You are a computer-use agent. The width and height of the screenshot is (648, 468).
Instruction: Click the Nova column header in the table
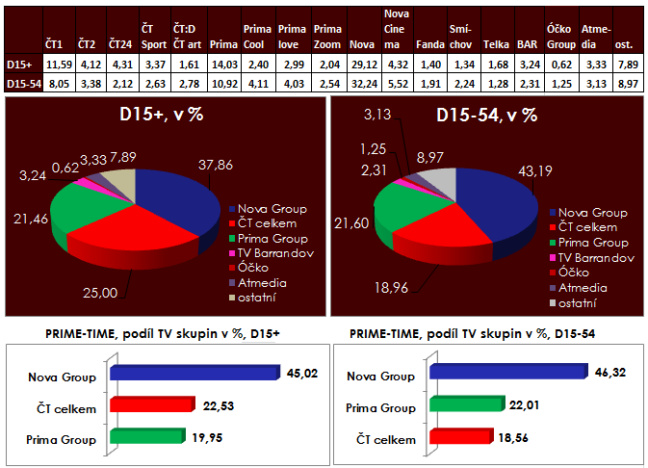pyautogui.click(x=362, y=44)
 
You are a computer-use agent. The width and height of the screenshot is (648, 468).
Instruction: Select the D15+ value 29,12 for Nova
pyautogui.click(x=362, y=65)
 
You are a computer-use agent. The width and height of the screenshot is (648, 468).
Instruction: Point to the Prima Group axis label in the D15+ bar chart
pyautogui.click(x=66, y=439)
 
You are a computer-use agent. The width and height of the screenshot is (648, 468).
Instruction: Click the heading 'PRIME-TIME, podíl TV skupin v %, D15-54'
pyautogui.click(x=485, y=333)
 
